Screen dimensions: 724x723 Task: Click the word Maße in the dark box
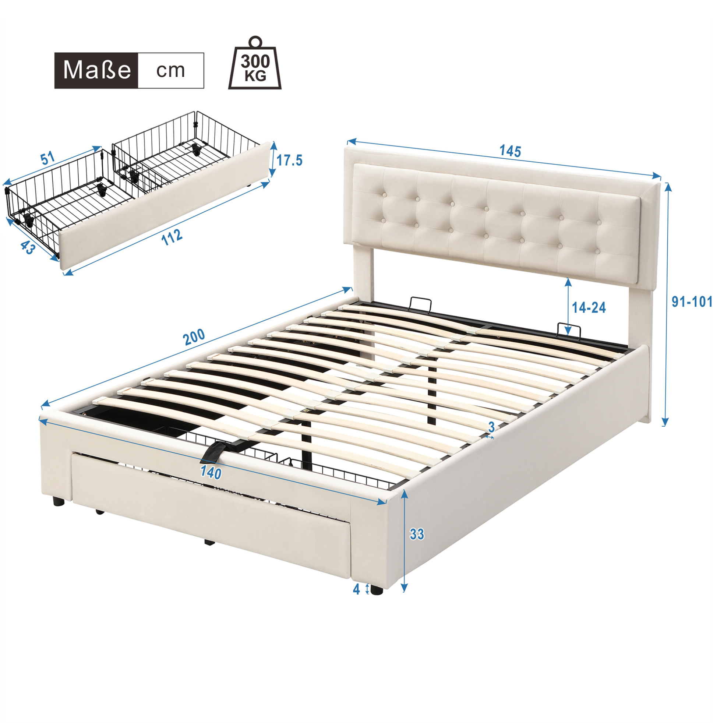pyautogui.click(x=97, y=70)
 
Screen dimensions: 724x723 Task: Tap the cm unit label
pyautogui.click(x=170, y=70)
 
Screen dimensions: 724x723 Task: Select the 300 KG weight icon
pyautogui.click(x=255, y=63)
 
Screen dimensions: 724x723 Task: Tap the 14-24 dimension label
pyautogui.click(x=589, y=308)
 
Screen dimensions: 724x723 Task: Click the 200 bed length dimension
pyautogui.click(x=194, y=336)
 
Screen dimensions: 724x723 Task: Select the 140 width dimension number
pyautogui.click(x=211, y=473)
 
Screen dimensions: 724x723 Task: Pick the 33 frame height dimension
pyautogui.click(x=417, y=534)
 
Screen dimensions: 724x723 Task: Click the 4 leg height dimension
pyautogui.click(x=356, y=590)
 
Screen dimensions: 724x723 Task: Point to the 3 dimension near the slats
pyautogui.click(x=492, y=427)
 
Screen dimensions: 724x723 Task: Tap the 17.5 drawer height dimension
pyautogui.click(x=289, y=161)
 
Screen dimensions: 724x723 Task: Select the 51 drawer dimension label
pyautogui.click(x=48, y=159)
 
